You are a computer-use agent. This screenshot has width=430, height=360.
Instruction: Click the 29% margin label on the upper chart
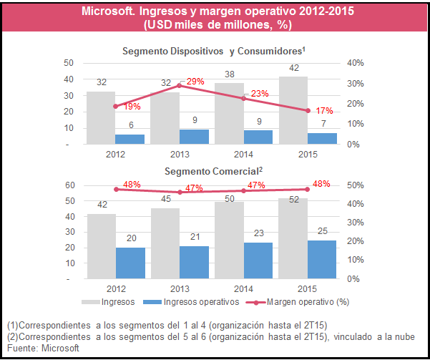pos(195,82)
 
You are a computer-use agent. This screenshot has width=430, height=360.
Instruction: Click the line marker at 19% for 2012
pos(115,106)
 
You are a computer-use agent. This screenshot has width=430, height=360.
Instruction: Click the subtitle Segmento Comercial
pos(213,171)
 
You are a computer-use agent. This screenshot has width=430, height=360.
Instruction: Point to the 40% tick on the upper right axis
pos(355,63)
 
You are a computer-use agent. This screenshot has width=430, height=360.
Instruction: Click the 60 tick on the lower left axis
pos(70,185)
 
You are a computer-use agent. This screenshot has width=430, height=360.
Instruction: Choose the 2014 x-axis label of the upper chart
pos(243,154)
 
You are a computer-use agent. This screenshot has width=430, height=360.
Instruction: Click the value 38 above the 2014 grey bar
pos(230,74)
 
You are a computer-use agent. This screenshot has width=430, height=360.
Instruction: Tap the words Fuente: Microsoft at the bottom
pos(42,347)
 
